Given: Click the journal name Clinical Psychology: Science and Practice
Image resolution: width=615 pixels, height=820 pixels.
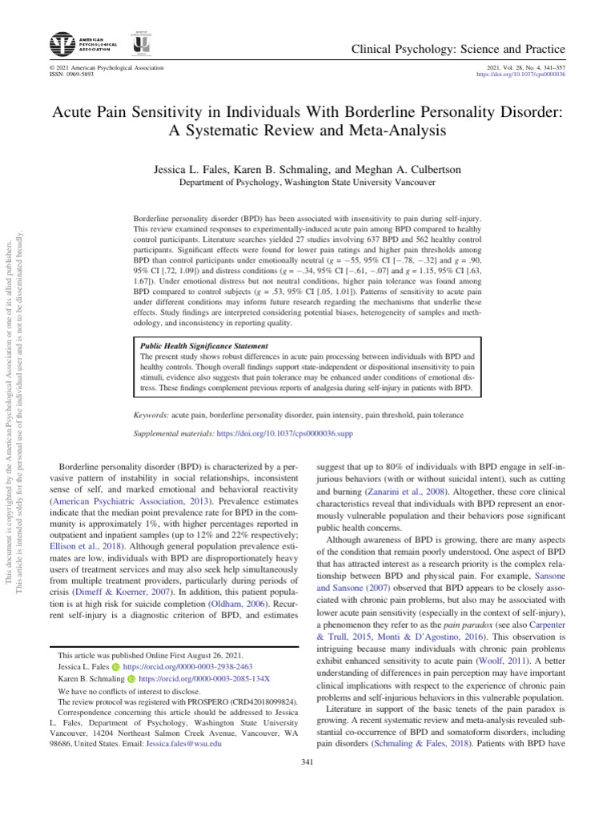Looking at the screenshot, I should [x=459, y=50].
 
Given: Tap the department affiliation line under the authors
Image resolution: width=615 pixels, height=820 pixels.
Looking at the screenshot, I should [x=307, y=183].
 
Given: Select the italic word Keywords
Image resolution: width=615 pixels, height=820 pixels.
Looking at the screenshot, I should [x=151, y=416].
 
